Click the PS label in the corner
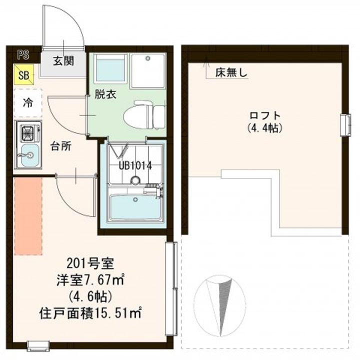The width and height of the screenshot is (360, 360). (x=23, y=55)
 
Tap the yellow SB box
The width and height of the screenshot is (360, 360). (x=23, y=74)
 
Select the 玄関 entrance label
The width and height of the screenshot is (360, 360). (x=63, y=61)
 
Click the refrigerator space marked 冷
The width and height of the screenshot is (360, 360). (x=28, y=103)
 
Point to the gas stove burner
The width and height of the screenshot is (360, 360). (x=27, y=132)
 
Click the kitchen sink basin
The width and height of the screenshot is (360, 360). (x=29, y=155)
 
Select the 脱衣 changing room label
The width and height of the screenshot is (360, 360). (x=105, y=94)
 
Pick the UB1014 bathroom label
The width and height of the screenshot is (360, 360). (x=135, y=166)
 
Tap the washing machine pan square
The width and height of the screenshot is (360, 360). (x=147, y=71)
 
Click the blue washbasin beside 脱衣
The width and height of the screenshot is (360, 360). (x=110, y=68)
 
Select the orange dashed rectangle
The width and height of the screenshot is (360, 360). (x=28, y=216)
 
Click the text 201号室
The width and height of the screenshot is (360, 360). (x=90, y=264)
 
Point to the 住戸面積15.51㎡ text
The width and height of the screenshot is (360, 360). (x=90, y=313)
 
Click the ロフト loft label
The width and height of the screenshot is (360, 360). (x=264, y=115)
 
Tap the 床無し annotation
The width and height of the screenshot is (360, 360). (x=231, y=73)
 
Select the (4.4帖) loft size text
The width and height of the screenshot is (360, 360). (x=264, y=128)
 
